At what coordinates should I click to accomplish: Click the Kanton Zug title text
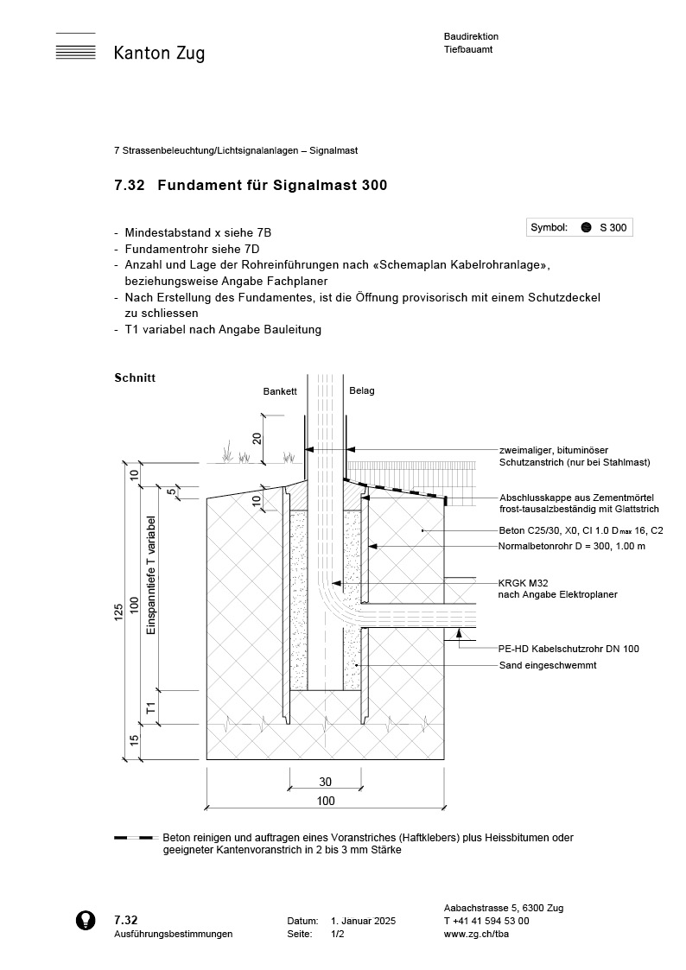pyautogui.click(x=159, y=54)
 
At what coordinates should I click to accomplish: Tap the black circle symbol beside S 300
pyautogui.click(x=585, y=227)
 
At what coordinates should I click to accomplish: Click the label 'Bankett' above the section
pyautogui.click(x=280, y=391)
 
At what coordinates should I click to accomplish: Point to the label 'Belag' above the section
pyautogui.click(x=362, y=390)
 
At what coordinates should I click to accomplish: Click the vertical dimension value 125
pyautogui.click(x=118, y=612)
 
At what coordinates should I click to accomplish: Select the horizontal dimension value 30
pyautogui.click(x=325, y=782)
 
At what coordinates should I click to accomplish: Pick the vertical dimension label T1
pyautogui.click(x=149, y=707)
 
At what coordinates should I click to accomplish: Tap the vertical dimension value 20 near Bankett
pyautogui.click(x=257, y=436)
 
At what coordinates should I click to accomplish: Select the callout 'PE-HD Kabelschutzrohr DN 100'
pyautogui.click(x=568, y=649)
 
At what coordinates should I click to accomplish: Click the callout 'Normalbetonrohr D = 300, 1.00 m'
pyautogui.click(x=572, y=547)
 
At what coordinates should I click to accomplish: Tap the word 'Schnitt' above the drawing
pyautogui.click(x=134, y=377)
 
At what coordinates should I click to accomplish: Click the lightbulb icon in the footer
pyautogui.click(x=86, y=921)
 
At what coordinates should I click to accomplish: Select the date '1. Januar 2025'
pyautogui.click(x=363, y=922)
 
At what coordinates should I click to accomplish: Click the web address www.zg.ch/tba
pyautogui.click(x=476, y=934)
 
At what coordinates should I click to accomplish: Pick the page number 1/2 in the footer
pyautogui.click(x=338, y=935)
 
